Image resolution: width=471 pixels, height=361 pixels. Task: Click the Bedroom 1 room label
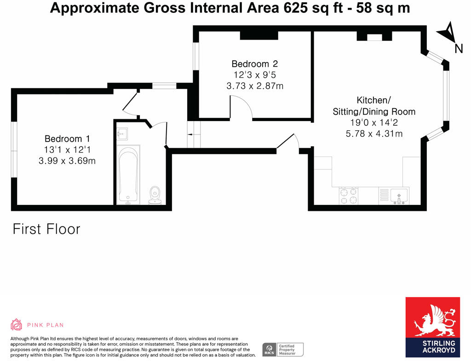[67, 139]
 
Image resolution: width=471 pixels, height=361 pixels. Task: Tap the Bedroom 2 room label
[254, 64]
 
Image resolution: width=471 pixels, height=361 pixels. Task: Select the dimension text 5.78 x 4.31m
[373, 134]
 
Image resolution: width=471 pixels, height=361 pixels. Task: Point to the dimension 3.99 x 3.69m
[67, 161]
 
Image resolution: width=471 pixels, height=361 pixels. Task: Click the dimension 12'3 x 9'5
[254, 75]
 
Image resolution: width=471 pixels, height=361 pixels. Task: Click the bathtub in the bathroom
[128, 175]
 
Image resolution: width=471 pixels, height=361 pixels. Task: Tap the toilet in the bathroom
[155, 194]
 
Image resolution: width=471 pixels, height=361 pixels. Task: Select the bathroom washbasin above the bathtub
[123, 134]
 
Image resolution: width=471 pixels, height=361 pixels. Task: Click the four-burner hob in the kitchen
[349, 196]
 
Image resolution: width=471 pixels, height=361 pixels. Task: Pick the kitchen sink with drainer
[394, 196]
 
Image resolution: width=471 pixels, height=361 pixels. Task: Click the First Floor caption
[46, 229]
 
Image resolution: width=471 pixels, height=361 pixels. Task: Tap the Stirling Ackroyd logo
[432, 327]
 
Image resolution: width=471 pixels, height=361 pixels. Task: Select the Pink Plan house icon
[17, 325]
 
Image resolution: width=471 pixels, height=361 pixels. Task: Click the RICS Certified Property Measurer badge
[283, 349]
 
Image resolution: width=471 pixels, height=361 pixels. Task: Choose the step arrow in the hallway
[190, 134]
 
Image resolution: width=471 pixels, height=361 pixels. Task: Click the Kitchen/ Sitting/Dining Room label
[373, 106]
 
